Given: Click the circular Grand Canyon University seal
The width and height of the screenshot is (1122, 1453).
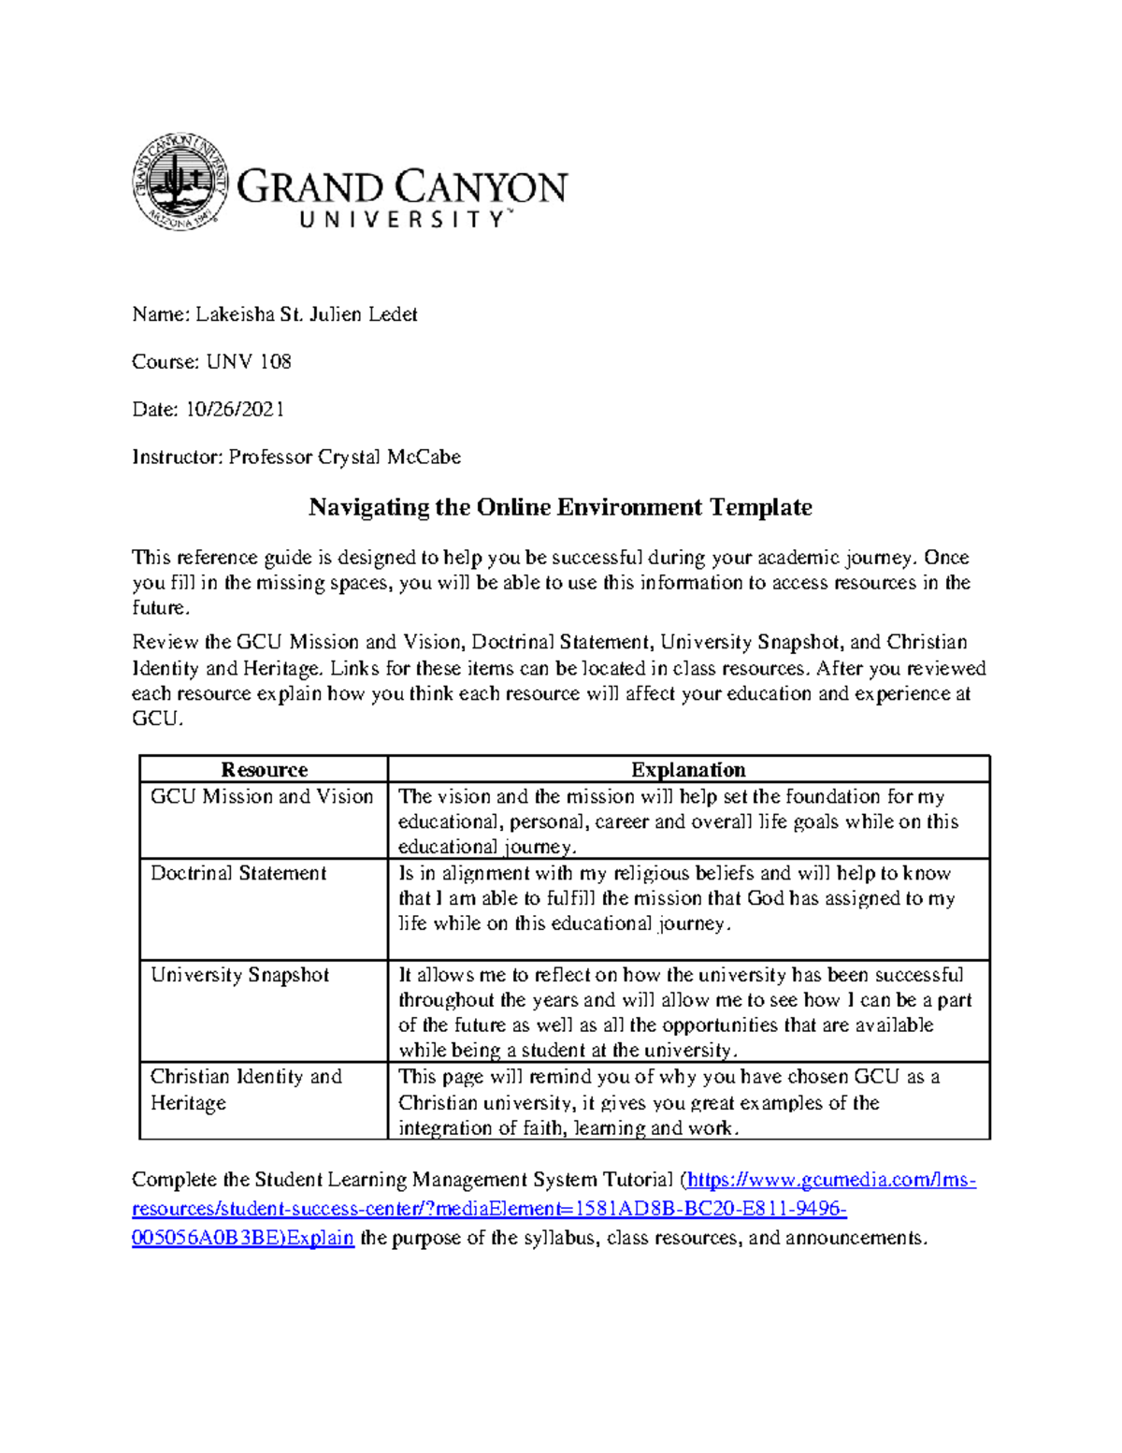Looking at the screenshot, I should (180, 182).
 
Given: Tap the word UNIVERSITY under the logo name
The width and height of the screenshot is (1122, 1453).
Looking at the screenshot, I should (404, 220).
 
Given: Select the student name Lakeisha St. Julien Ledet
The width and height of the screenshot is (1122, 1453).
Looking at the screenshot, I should (306, 314).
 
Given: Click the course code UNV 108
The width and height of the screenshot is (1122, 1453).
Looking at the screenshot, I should (249, 362).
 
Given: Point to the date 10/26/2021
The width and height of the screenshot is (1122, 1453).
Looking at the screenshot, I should (235, 409).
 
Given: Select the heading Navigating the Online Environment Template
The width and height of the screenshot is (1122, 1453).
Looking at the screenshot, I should (560, 507).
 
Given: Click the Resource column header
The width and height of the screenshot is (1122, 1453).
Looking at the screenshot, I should (264, 769).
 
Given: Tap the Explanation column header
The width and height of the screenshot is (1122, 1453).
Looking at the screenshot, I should (688, 769).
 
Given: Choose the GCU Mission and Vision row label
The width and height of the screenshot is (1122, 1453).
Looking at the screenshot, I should (262, 796).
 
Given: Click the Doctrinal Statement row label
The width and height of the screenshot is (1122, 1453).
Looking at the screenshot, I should (238, 873).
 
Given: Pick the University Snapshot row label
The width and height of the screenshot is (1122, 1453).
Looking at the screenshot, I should (240, 975).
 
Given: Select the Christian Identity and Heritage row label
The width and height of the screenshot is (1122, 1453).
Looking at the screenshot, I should (246, 1089).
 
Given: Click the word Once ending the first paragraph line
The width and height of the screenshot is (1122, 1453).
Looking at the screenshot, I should (946, 558).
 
